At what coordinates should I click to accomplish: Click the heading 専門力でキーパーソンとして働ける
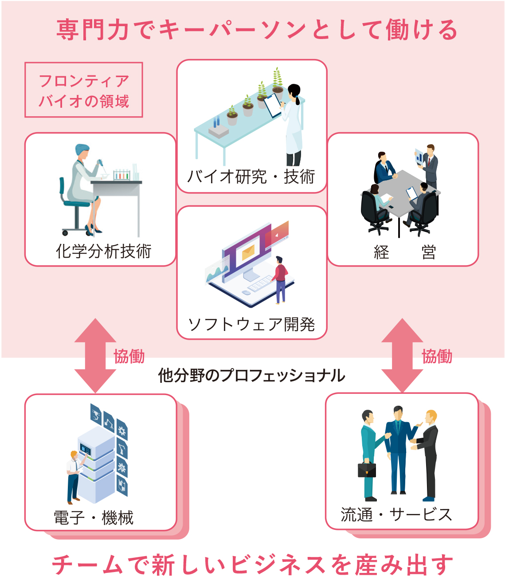(x=256, y=30)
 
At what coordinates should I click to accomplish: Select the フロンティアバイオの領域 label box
(x=84, y=90)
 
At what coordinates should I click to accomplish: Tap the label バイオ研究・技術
(x=251, y=176)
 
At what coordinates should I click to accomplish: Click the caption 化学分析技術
(x=104, y=251)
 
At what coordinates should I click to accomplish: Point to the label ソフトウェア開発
(x=251, y=324)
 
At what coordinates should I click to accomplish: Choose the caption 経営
(x=404, y=252)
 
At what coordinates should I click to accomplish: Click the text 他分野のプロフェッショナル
(x=252, y=376)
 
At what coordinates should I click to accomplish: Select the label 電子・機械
(x=94, y=517)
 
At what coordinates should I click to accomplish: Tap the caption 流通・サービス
(x=396, y=514)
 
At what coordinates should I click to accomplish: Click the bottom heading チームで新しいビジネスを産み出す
(x=253, y=565)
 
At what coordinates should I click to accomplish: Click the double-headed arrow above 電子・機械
(x=95, y=355)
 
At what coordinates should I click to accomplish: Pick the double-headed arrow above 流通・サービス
(x=402, y=355)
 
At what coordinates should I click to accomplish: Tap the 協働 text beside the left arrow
(x=129, y=356)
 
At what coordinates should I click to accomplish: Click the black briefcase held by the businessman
(x=367, y=470)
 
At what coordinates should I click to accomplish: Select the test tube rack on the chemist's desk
(x=121, y=175)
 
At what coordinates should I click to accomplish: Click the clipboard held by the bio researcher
(x=272, y=105)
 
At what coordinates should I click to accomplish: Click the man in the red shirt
(x=280, y=279)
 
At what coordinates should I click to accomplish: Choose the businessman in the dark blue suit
(x=397, y=448)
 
